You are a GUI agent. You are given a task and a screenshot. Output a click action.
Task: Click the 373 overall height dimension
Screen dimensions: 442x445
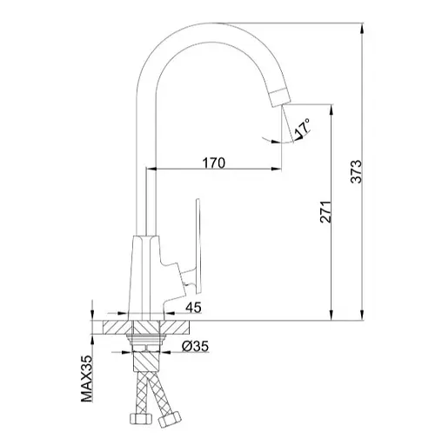(x=357, y=171)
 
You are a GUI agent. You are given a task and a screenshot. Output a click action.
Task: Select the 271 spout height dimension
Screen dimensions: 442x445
(x=325, y=212)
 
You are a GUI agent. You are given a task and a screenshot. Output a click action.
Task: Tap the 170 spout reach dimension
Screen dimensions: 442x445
(x=214, y=163)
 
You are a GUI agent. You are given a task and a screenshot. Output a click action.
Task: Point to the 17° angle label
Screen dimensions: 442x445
(x=303, y=127)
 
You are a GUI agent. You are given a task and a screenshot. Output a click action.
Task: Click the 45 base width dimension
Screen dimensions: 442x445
(x=193, y=308)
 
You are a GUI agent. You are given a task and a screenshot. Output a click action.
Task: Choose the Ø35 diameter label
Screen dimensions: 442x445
(x=195, y=346)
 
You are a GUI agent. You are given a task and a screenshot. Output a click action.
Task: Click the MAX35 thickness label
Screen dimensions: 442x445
(x=86, y=378)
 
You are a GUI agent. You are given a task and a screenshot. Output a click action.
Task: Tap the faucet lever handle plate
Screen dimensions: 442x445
(x=198, y=245)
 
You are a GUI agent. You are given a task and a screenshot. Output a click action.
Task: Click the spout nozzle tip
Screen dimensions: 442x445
(x=279, y=98)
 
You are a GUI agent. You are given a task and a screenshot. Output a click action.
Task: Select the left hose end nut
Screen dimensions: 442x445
(x=140, y=419)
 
